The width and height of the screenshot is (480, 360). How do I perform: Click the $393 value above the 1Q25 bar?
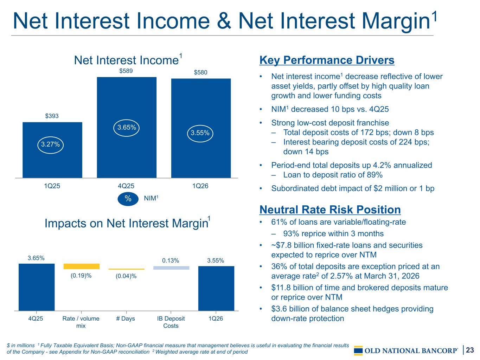(52, 116)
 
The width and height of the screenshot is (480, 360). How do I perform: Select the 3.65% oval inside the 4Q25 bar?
(126, 128)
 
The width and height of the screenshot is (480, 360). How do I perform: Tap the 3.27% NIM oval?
(50, 145)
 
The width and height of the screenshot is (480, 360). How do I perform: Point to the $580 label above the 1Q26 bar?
(200, 72)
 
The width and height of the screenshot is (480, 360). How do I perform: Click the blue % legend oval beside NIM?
(128, 199)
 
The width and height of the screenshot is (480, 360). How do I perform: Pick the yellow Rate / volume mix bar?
(82, 266)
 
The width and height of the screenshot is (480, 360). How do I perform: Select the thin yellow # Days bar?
(126, 269)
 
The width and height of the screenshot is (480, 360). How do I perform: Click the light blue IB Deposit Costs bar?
(171, 268)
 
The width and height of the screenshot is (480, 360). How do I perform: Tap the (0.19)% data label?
(81, 276)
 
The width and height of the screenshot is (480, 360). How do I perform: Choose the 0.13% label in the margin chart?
(170, 261)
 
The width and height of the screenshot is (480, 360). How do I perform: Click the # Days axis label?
(126, 319)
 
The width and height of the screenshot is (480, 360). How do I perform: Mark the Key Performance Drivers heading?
(327, 60)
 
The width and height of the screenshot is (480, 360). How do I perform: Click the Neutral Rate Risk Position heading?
(330, 210)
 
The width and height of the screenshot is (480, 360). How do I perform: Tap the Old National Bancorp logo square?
(358, 351)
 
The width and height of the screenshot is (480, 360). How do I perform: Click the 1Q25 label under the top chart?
(52, 186)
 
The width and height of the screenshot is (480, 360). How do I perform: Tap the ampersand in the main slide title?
(224, 21)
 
